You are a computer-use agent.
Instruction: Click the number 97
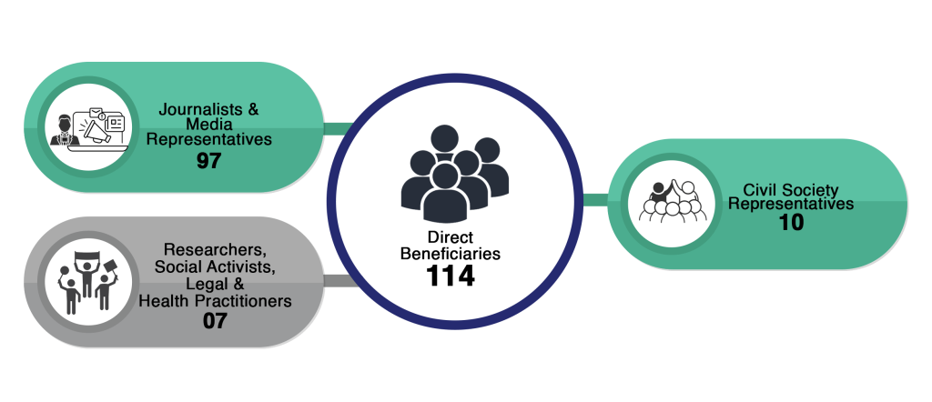point(209,162)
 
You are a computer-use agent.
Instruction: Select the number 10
point(791,222)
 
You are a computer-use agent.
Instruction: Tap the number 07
point(215,320)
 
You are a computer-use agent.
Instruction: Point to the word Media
point(209,125)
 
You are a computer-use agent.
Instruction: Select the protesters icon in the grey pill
point(87,281)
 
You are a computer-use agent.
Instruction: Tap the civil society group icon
point(670,205)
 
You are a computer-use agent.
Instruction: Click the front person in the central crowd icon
point(445,194)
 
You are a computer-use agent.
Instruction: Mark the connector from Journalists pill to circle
point(338,127)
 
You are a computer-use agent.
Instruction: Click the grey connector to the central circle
point(336,281)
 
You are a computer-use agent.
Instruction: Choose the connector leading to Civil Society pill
point(595,200)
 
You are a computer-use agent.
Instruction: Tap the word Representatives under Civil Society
point(791,205)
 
